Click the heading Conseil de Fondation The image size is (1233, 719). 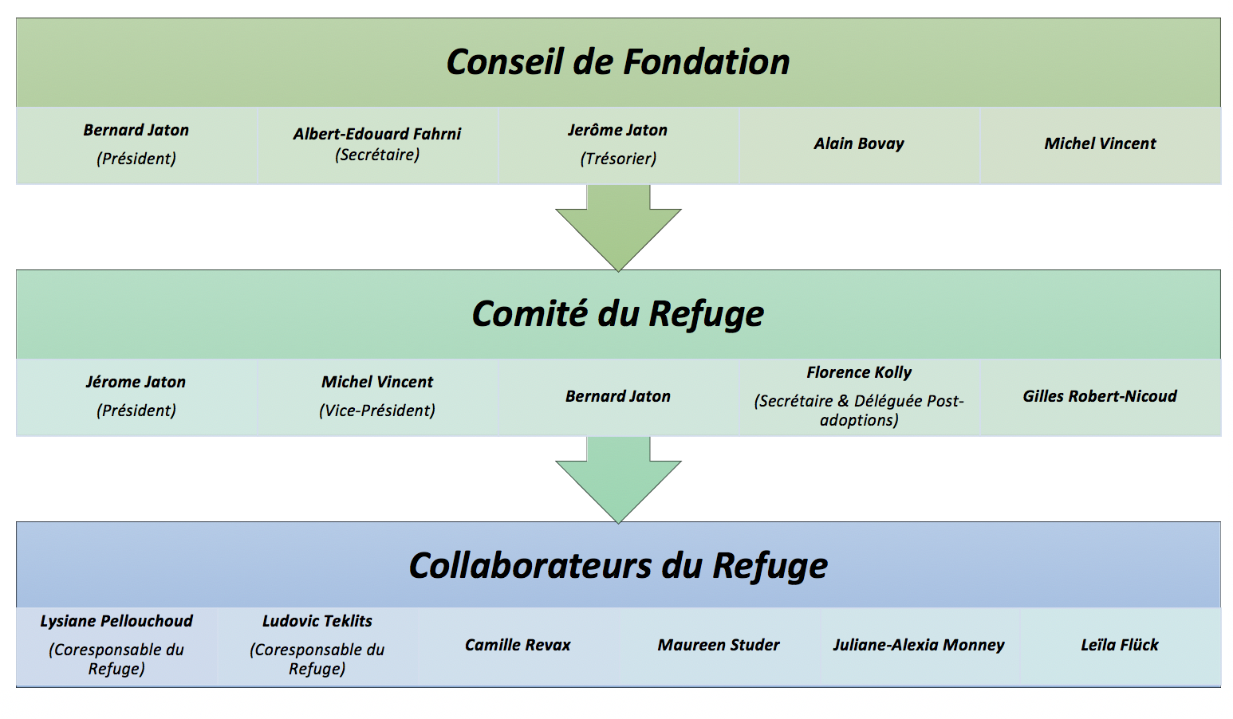[617, 62]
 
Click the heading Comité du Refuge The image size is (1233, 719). [617, 314]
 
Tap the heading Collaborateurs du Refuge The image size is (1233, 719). [617, 566]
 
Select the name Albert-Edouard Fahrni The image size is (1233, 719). [376, 134]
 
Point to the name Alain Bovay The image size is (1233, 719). [859, 144]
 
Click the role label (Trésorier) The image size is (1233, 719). [618, 159]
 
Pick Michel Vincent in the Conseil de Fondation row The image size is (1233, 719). [1100, 144]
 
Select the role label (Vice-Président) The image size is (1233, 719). [377, 411]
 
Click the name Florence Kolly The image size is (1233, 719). [859, 372]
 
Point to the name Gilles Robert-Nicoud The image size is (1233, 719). [1100, 396]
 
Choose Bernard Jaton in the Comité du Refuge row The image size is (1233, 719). [618, 396]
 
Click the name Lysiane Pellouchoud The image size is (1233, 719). [116, 621]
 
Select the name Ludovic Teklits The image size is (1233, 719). [317, 621]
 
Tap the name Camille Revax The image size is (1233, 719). [518, 645]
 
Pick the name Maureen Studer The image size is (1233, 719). [719, 645]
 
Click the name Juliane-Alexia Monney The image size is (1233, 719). [919, 645]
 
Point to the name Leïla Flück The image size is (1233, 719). [1120, 645]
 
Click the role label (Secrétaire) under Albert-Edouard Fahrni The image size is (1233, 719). [377, 155]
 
